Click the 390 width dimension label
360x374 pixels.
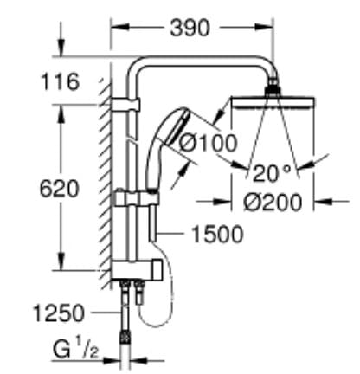188,28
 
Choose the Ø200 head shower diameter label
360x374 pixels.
273,202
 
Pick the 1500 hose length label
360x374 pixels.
214,233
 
